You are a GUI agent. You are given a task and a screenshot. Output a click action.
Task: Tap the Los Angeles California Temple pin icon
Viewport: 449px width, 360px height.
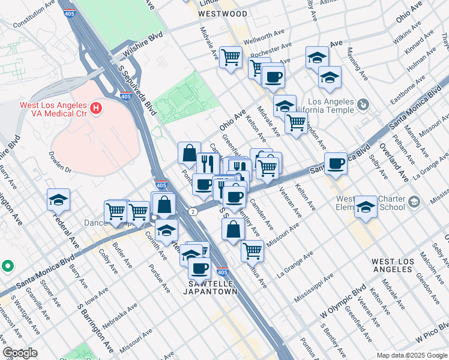[362, 105]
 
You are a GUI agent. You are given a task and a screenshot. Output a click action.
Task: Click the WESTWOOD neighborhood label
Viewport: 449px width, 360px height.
[223, 13]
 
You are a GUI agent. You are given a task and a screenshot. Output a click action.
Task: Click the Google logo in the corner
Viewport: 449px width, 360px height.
[20, 353]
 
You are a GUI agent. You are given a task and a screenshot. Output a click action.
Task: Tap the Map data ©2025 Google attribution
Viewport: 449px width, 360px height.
[411, 355]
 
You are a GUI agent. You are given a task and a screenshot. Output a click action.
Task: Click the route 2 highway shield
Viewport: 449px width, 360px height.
[193, 212]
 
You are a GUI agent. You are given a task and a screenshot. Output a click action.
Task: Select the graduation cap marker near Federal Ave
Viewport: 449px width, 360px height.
[59, 200]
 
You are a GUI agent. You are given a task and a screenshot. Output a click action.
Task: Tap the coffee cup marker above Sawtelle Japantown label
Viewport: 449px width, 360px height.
[199, 268]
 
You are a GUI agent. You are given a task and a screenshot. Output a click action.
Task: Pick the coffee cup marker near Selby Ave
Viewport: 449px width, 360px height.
[336, 163]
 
